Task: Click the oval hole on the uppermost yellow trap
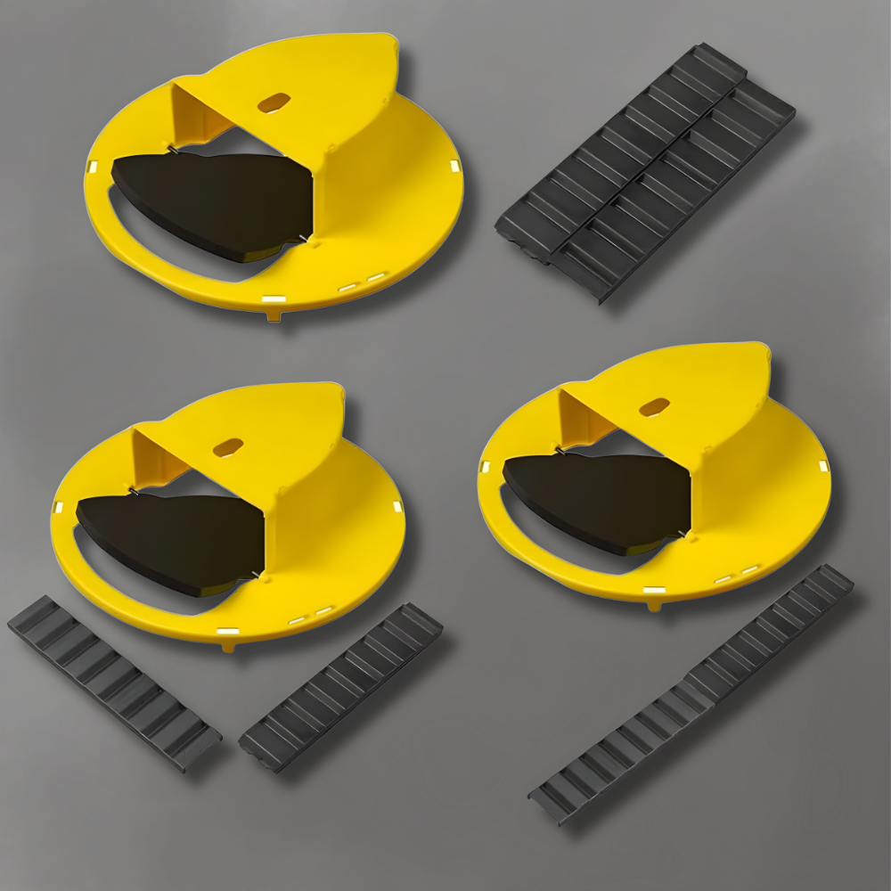[274, 102]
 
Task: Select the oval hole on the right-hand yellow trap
[654, 407]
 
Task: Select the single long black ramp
[691, 695]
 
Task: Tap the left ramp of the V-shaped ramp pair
[114, 682]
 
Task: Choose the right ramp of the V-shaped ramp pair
[341, 686]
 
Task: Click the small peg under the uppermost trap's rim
[274, 315]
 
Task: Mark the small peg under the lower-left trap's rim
[229, 646]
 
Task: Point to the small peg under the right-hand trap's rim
[656, 605]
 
